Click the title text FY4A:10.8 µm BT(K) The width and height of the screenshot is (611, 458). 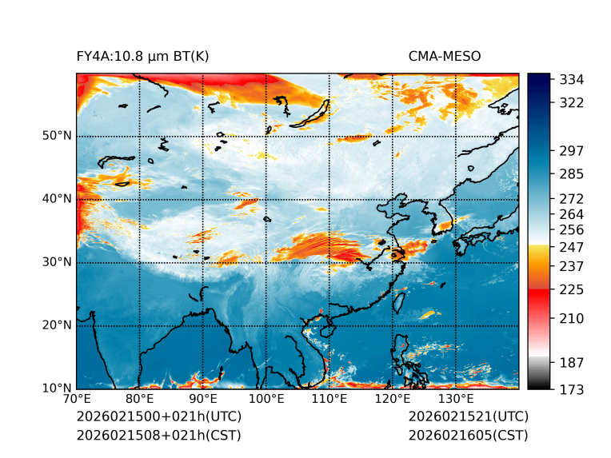[x=143, y=57]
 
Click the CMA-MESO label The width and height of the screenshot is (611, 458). [x=445, y=57]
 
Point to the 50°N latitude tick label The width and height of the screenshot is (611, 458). [x=56, y=136]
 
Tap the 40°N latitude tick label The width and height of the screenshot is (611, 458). [x=56, y=199]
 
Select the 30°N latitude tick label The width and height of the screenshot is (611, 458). [x=56, y=262]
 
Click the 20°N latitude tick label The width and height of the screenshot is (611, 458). [x=56, y=325]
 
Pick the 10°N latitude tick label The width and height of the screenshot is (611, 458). [x=56, y=388]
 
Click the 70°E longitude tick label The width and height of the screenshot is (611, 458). [x=77, y=398]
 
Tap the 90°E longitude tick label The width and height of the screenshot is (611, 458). [x=203, y=398]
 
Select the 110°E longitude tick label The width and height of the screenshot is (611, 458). [x=329, y=398]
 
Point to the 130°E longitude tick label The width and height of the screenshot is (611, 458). [x=456, y=398]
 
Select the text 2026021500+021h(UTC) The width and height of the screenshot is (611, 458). [x=158, y=417]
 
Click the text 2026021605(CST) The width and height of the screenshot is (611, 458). [x=468, y=436]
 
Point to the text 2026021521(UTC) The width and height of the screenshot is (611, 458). [x=468, y=417]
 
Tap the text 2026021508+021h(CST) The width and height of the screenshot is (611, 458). [x=158, y=436]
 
